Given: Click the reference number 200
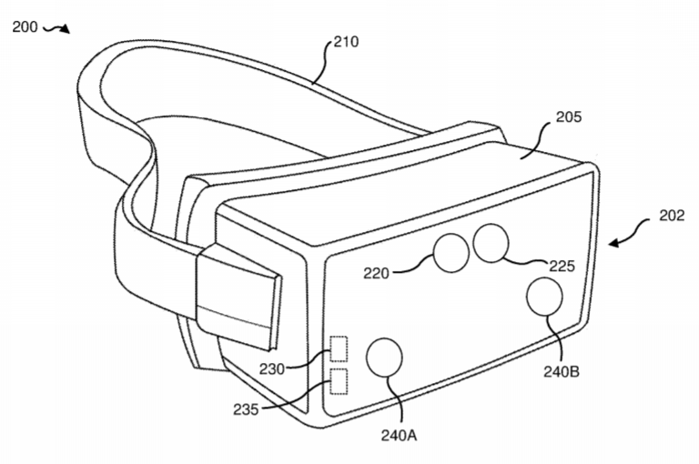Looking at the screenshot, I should point(25,26).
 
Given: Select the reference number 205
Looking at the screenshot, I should point(568,117).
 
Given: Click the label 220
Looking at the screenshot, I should point(375,271).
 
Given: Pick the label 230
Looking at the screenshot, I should point(270,368).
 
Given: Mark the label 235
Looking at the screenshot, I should point(246,409).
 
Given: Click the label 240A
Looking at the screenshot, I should point(400,435).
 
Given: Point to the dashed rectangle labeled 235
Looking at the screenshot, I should point(339,381).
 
